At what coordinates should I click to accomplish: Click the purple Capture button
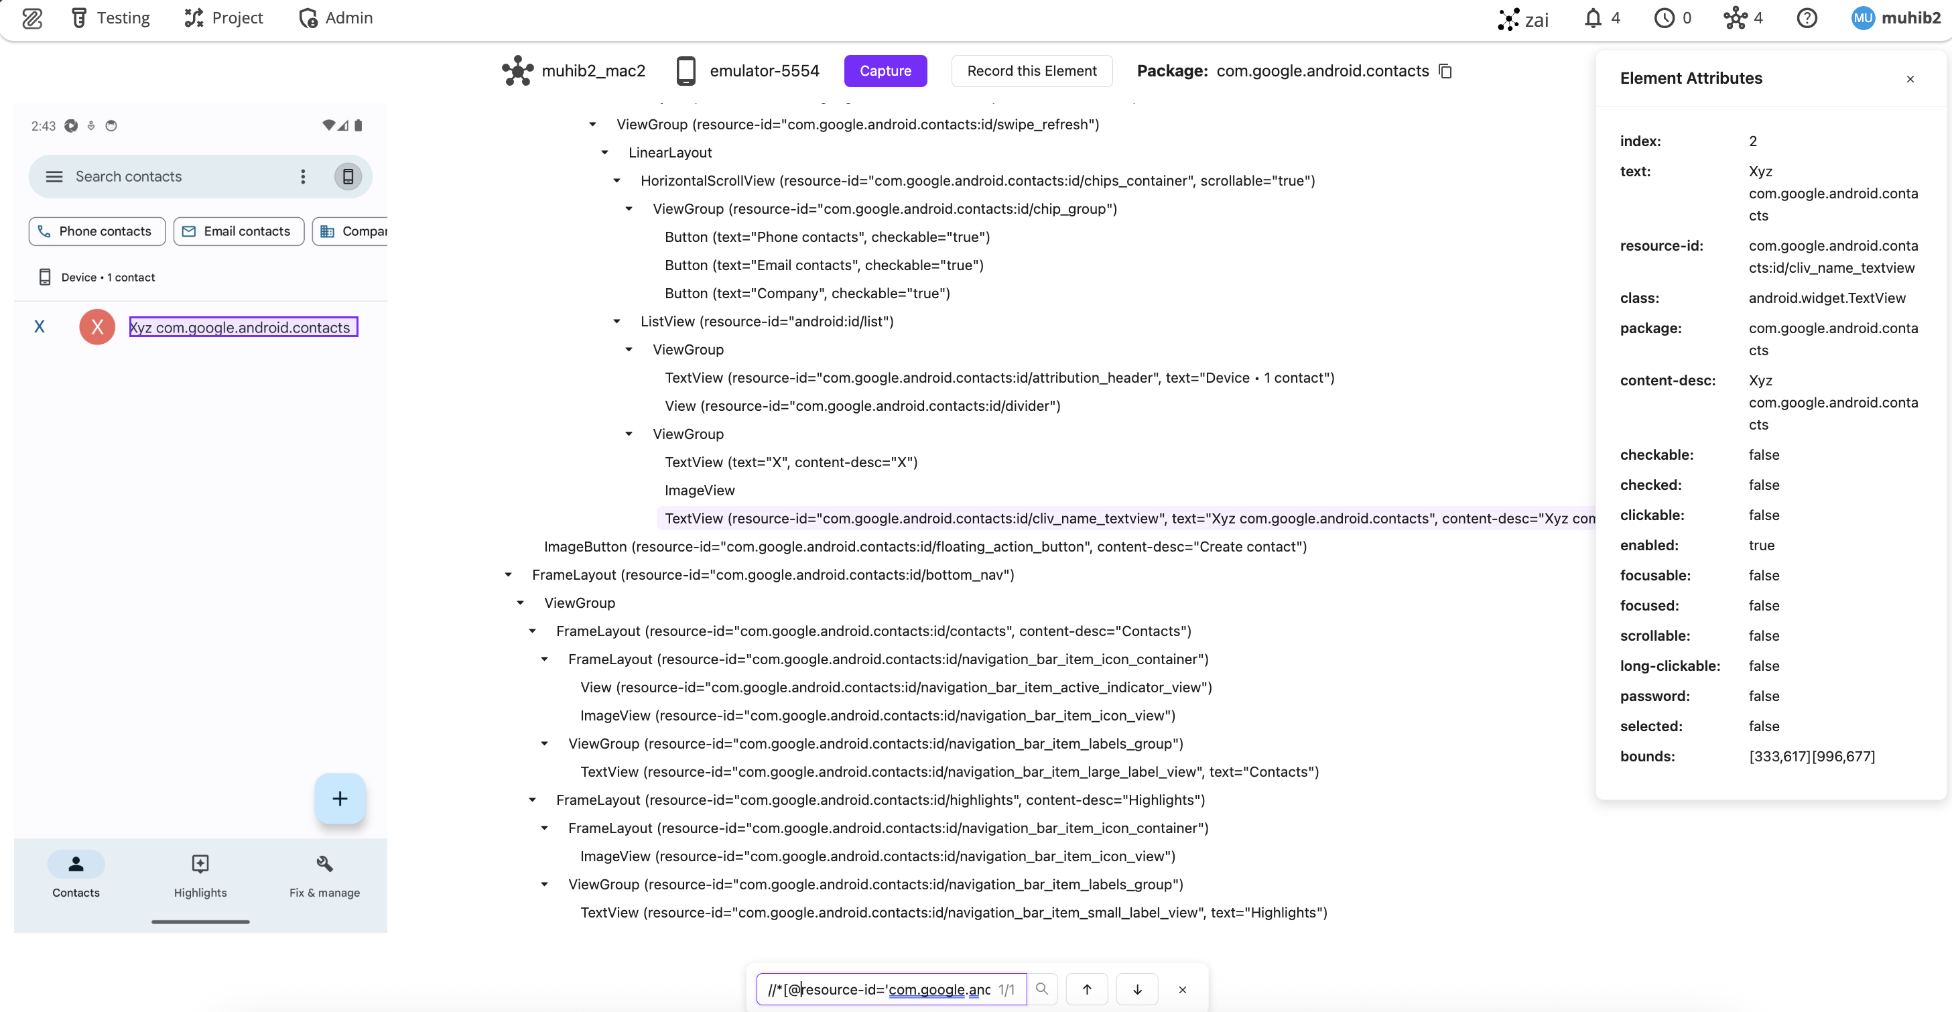tap(885, 70)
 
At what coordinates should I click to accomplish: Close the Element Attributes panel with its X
tap(1910, 79)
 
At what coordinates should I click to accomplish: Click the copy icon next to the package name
tap(1445, 70)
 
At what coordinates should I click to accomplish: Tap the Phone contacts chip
tap(97, 231)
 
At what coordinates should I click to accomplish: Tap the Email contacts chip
tap(238, 231)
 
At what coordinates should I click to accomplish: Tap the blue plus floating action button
tap(340, 798)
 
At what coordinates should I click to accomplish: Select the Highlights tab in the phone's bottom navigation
tap(200, 875)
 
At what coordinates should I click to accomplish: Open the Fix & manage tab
tap(324, 875)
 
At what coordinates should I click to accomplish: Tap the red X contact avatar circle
tap(97, 326)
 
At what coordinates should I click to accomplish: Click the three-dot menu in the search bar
tap(303, 177)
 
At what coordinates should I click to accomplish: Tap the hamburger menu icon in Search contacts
tap(54, 177)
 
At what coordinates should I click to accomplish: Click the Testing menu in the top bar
tap(111, 17)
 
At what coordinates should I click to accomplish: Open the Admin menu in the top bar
tap(336, 17)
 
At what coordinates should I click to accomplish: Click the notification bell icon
tap(1593, 17)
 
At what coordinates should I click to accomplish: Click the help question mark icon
tap(1807, 17)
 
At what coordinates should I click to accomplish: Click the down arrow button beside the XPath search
tap(1136, 989)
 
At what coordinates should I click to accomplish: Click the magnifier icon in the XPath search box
tap(1042, 989)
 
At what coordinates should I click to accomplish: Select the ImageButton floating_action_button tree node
tap(925, 547)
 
